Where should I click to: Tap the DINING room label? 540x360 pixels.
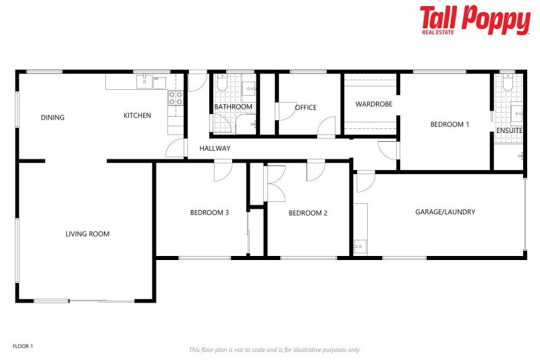53,118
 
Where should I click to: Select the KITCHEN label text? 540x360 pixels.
137,115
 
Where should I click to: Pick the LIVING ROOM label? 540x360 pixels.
87,234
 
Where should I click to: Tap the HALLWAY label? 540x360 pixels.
215,149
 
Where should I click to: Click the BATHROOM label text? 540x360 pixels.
234,107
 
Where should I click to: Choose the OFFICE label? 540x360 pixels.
306,107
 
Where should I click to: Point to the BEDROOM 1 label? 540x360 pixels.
450,124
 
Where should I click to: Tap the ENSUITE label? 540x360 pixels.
509,130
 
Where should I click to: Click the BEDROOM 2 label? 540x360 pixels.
308,213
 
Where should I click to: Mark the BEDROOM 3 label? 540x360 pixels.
209,213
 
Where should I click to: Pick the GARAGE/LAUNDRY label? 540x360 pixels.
445,212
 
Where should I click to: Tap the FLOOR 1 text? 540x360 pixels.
23,346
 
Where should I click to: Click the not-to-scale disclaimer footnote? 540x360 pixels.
274,350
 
